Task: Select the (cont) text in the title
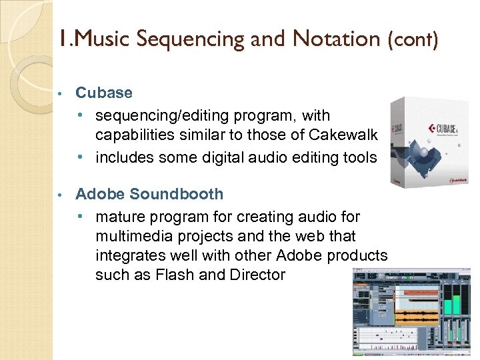[413, 40]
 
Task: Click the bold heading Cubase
[104, 93]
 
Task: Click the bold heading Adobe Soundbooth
[149, 194]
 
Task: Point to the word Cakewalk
[343, 135]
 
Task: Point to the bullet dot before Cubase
[59, 93]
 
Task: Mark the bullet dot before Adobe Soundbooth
[59, 195]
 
